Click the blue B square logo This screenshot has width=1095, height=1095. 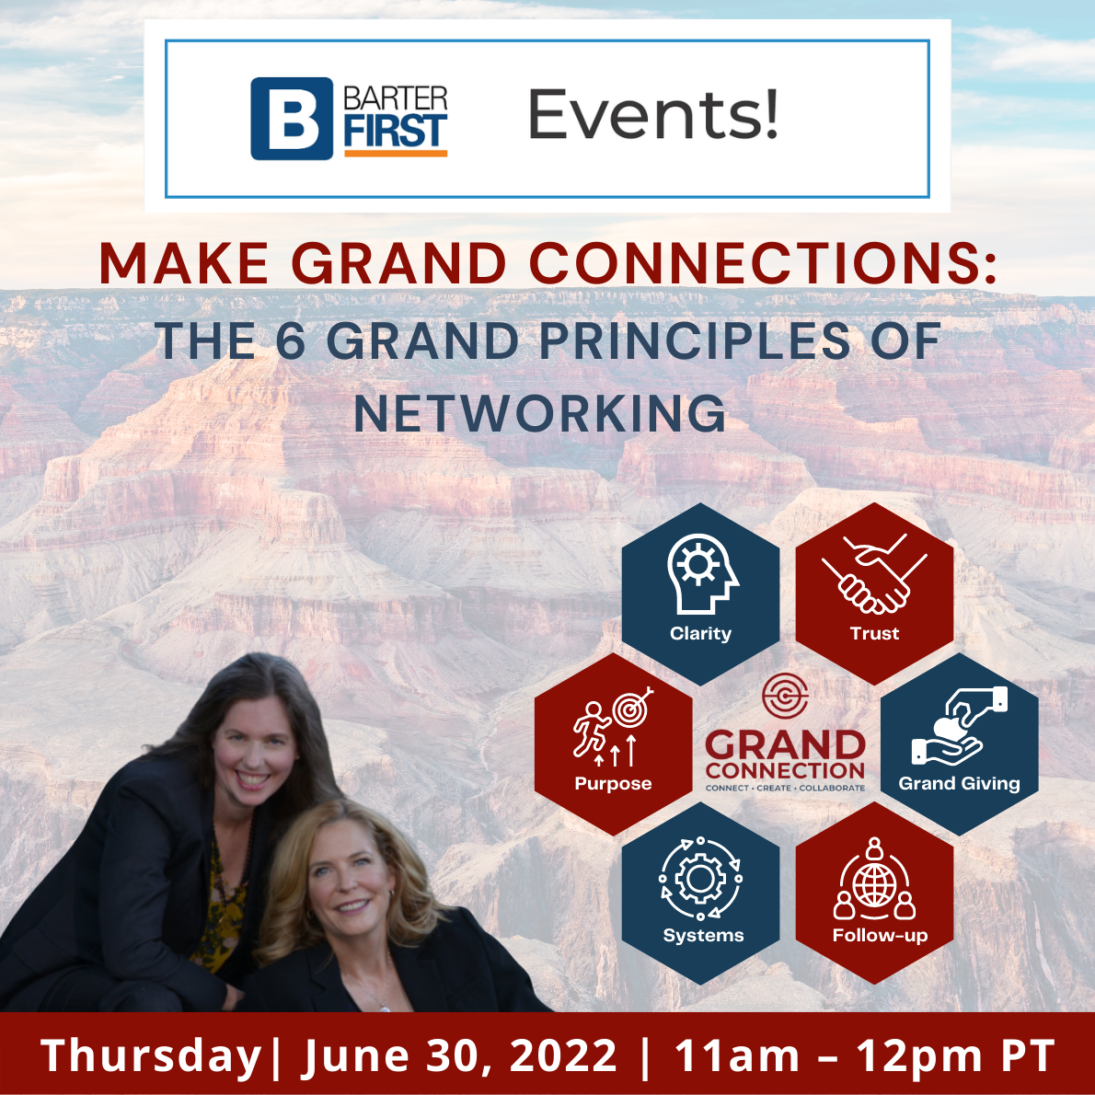click(x=292, y=118)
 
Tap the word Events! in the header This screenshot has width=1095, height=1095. click(x=653, y=114)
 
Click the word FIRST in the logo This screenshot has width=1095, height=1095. click(x=396, y=132)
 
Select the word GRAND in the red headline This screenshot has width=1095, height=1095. click(x=398, y=264)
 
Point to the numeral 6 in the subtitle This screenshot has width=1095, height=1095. click(x=291, y=341)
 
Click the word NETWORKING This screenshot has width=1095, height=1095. click(x=540, y=413)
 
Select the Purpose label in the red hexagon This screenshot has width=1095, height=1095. click(x=613, y=784)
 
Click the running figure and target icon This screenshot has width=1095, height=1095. click(x=613, y=726)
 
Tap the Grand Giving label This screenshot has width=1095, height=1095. click(x=959, y=784)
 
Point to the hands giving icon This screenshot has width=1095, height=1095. click(x=960, y=726)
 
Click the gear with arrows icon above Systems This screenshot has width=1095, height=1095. click(x=701, y=879)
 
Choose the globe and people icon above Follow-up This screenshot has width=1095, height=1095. click(x=874, y=879)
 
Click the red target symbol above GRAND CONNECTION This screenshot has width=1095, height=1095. click(x=785, y=696)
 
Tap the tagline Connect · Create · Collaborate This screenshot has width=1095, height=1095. click(x=785, y=788)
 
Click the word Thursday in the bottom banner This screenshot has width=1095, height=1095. click(x=151, y=1055)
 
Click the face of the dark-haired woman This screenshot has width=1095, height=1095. click(x=253, y=755)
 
